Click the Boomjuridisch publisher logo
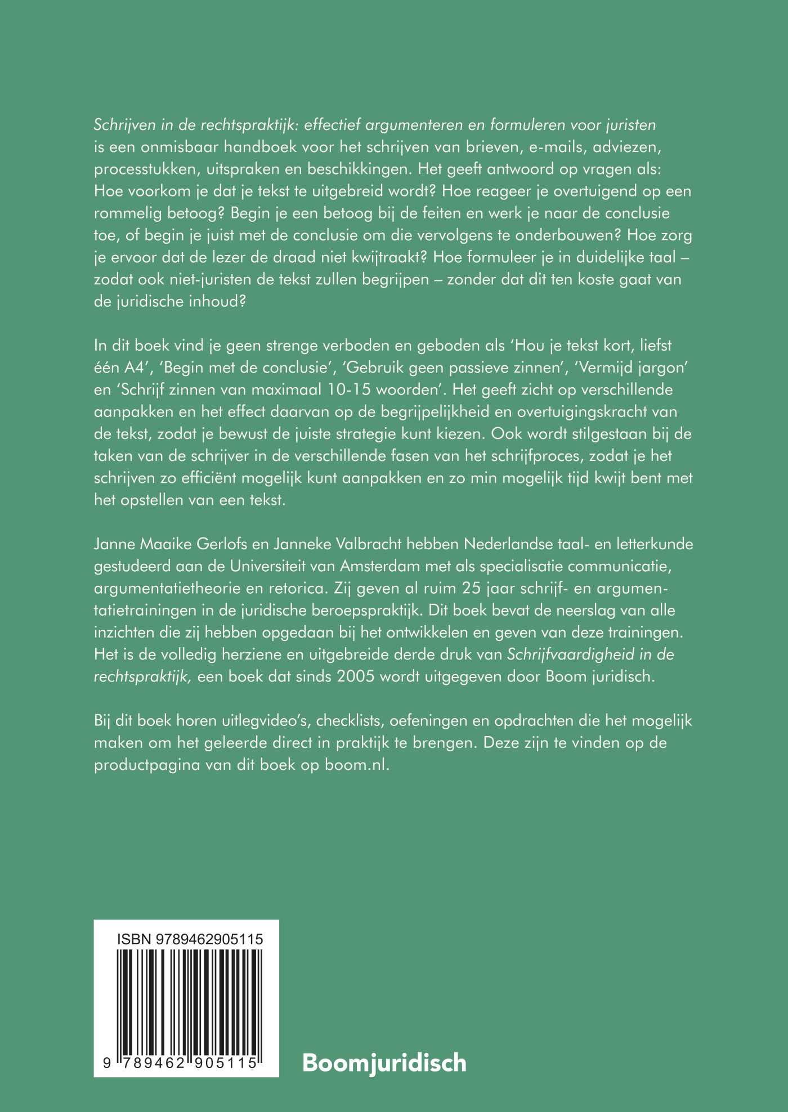click(384, 1063)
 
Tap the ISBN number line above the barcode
click(190, 939)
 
